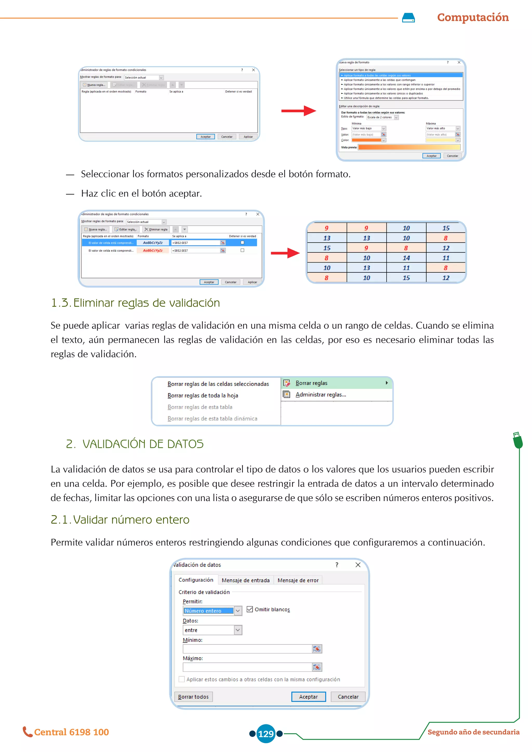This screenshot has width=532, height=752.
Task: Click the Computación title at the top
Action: (473, 17)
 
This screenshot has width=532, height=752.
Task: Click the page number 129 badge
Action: (266, 734)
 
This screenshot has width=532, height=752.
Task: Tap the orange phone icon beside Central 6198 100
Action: (27, 732)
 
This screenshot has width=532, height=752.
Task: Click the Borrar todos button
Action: (193, 697)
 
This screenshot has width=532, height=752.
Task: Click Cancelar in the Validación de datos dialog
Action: (348, 697)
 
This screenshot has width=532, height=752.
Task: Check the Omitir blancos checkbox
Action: (250, 609)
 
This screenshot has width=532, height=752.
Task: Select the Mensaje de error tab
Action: (298, 580)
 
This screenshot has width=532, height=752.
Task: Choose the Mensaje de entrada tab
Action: (245, 580)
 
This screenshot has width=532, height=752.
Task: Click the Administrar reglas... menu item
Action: (320, 395)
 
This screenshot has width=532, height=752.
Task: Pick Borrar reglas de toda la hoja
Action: (202, 395)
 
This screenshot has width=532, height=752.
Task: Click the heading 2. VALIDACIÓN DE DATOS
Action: (135, 444)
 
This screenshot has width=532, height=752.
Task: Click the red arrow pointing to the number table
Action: (285, 253)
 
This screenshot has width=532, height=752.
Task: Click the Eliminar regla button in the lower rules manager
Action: (156, 229)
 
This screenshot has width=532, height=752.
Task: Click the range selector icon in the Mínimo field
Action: (317, 649)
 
